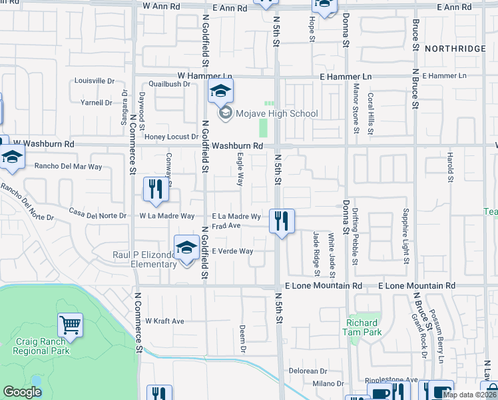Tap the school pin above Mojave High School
222,93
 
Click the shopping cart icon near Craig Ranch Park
70,325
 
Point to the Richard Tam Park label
362,326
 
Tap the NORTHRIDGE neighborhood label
464,49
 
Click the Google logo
22,392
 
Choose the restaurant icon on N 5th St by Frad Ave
282,221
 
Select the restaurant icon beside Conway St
156,189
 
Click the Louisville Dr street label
94,81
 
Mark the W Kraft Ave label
164,321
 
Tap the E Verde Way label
232,251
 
